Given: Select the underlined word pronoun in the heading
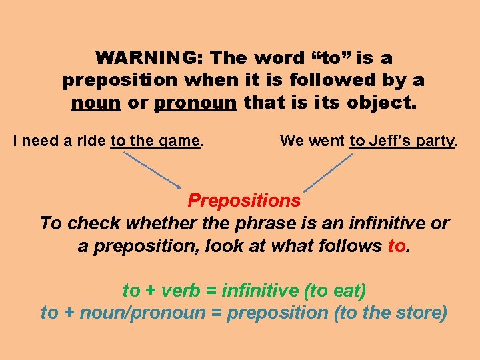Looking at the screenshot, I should (x=195, y=103).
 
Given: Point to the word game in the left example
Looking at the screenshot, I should (x=181, y=141).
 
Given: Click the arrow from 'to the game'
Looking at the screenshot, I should (x=151, y=169).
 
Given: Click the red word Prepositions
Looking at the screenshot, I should (x=244, y=200).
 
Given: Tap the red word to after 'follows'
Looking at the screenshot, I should (x=396, y=246).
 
